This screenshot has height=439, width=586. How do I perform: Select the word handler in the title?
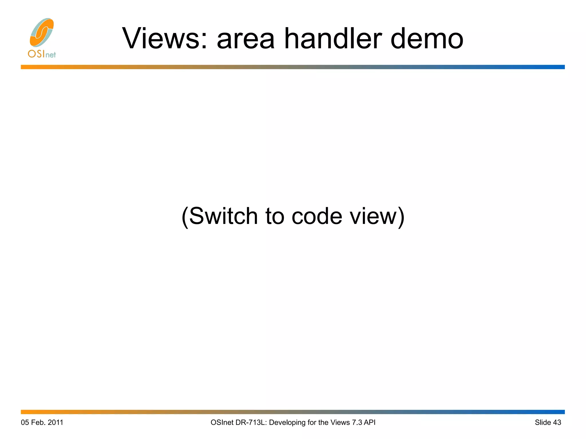click(333, 39)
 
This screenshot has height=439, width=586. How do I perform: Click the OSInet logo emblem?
click(42, 32)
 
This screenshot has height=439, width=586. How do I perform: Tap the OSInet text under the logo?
click(42, 54)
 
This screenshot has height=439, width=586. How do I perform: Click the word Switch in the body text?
click(223, 216)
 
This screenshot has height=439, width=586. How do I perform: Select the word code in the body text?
click(317, 216)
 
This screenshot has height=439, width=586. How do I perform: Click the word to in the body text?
click(275, 216)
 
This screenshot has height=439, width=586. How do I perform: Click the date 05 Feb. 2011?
click(42, 422)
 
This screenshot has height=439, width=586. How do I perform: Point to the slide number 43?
click(557, 422)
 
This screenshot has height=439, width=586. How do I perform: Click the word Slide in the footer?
click(543, 422)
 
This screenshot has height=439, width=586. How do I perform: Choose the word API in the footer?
click(369, 422)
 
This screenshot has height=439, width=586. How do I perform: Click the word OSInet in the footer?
click(222, 422)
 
